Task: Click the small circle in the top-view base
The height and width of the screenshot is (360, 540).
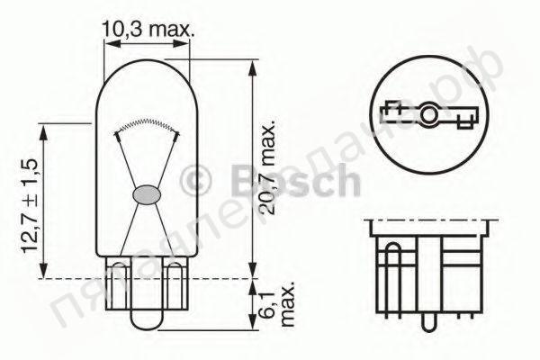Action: click(x=430, y=115)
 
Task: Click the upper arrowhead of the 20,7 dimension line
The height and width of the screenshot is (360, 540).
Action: click(x=254, y=66)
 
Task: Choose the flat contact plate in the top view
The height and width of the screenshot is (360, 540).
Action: click(x=430, y=115)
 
